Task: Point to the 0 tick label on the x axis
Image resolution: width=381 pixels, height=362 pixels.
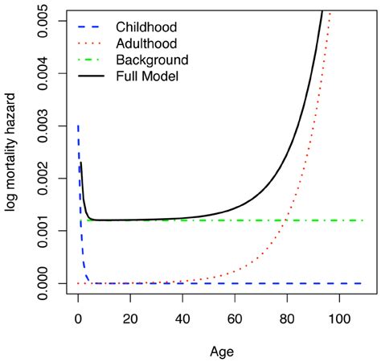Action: click(78, 319)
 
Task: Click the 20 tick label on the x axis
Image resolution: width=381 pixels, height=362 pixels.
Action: click(130, 319)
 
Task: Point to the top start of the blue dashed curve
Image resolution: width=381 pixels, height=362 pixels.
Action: click(78, 126)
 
